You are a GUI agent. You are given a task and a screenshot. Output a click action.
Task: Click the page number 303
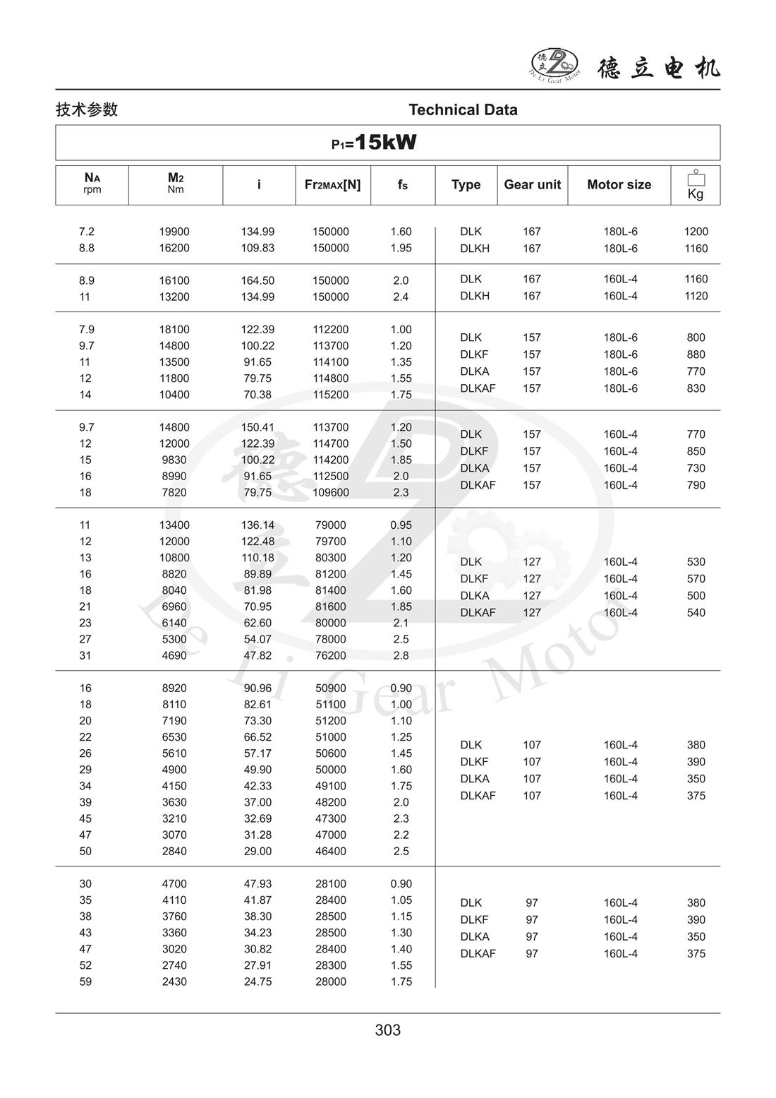(x=388, y=1030)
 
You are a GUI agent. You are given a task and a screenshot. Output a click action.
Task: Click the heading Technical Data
(x=463, y=110)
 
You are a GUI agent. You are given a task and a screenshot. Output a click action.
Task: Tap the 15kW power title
(x=375, y=143)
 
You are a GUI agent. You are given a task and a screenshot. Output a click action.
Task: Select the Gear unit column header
(x=532, y=185)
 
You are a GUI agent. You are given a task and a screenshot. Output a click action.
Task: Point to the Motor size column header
(x=619, y=185)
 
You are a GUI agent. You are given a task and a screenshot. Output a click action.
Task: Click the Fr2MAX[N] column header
(x=332, y=185)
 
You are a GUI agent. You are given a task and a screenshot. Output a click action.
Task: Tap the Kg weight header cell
(x=695, y=186)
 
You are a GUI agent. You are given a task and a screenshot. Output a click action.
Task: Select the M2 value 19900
(x=174, y=232)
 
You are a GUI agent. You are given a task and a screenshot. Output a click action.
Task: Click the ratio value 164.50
(x=257, y=280)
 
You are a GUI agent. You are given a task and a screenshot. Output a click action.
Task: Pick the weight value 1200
(x=696, y=232)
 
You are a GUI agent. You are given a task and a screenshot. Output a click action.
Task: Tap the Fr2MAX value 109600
(x=331, y=492)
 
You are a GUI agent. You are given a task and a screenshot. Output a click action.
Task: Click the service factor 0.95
(x=401, y=525)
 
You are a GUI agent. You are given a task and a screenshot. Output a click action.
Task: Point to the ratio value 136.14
(x=257, y=525)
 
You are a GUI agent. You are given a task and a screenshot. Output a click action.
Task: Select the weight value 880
(x=696, y=354)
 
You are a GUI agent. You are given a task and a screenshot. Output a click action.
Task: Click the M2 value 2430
(x=174, y=981)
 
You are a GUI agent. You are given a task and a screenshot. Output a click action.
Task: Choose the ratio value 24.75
(x=257, y=981)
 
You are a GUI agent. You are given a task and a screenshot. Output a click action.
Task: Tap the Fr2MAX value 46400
(x=331, y=851)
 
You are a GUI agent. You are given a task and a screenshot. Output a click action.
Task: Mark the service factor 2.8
(x=401, y=655)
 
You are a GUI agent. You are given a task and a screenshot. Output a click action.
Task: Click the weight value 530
(x=696, y=562)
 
